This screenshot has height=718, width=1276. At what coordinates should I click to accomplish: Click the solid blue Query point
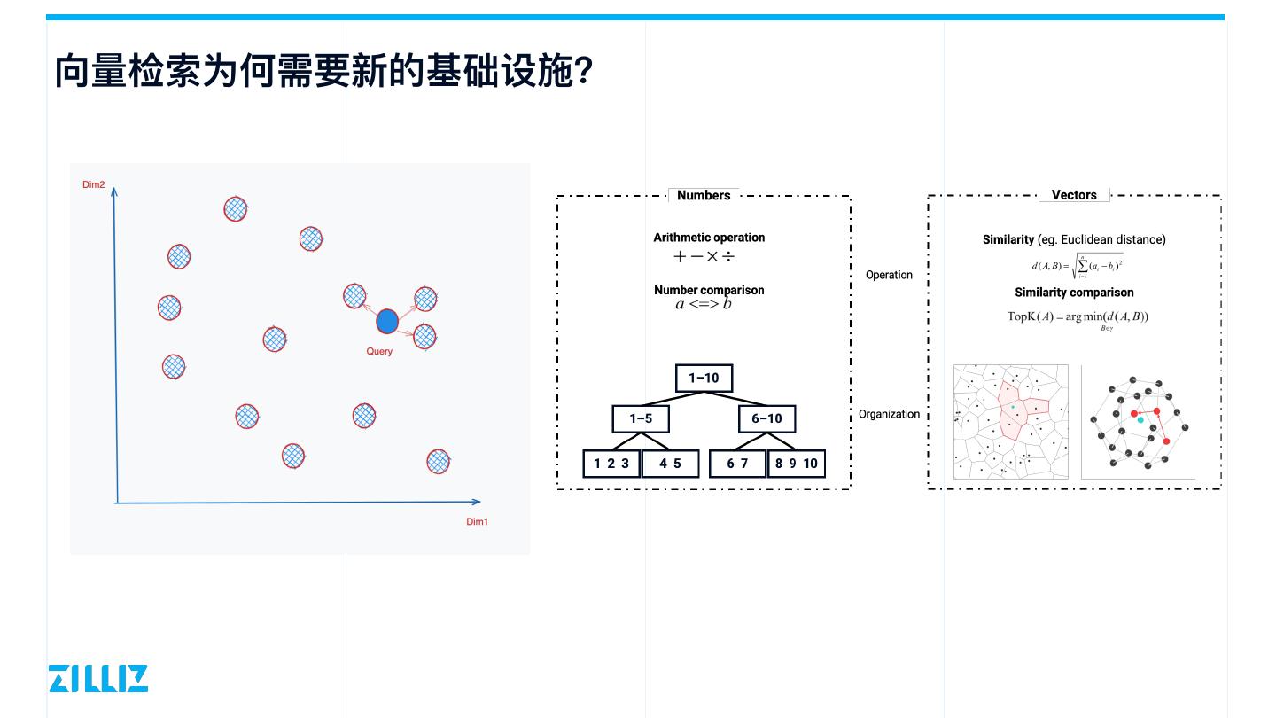coord(387,321)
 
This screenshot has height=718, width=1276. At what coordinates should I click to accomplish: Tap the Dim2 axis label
coord(94,184)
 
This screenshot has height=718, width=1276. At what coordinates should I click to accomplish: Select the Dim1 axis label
coord(477,521)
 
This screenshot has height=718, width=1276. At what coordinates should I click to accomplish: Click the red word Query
coord(379,351)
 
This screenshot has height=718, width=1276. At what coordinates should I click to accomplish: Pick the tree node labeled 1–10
coord(704,378)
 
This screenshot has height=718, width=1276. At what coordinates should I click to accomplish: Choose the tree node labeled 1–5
coord(641,418)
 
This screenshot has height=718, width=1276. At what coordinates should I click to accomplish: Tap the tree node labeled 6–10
coord(766,418)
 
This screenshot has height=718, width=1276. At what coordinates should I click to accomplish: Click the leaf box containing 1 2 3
coord(611,463)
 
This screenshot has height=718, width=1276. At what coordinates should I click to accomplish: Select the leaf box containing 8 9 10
coord(797,463)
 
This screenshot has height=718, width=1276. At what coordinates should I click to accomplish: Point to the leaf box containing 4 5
coord(670,463)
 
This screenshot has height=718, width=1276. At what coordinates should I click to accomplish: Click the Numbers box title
coord(704,195)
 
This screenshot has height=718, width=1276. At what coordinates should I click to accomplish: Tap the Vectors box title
coord(1074,195)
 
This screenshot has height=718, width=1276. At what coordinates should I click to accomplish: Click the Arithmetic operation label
coord(709,238)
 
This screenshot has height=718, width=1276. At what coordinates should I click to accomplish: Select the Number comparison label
coord(709,290)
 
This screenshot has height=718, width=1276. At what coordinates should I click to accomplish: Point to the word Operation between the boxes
coord(889,275)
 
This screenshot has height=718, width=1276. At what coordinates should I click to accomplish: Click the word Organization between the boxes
coord(889,414)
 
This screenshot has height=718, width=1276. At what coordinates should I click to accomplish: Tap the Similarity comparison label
coord(1074,293)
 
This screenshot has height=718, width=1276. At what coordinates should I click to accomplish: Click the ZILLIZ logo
coord(98,678)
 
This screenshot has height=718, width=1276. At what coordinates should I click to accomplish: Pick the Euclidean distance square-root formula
coord(1078,265)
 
